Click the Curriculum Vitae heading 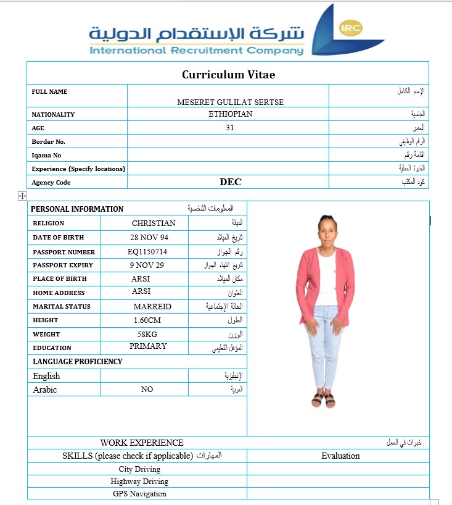pos(228,75)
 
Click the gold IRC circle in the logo pos(351,28)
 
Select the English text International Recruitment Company pos(197,50)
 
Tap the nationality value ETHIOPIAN pos(230,114)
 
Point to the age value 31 pos(230,128)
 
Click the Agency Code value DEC pos(231,182)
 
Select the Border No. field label pos(49,141)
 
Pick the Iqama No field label pos(46,155)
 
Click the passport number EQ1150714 pos(145,252)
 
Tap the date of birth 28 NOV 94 pos(150,238)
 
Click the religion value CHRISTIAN pos(154,223)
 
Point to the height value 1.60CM pos(147,320)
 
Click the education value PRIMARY pos(148,346)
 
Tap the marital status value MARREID pos(152,307)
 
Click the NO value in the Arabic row pos(147,390)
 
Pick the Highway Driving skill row pos(139,482)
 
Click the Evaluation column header pos(340,456)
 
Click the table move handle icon pos(22,196)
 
